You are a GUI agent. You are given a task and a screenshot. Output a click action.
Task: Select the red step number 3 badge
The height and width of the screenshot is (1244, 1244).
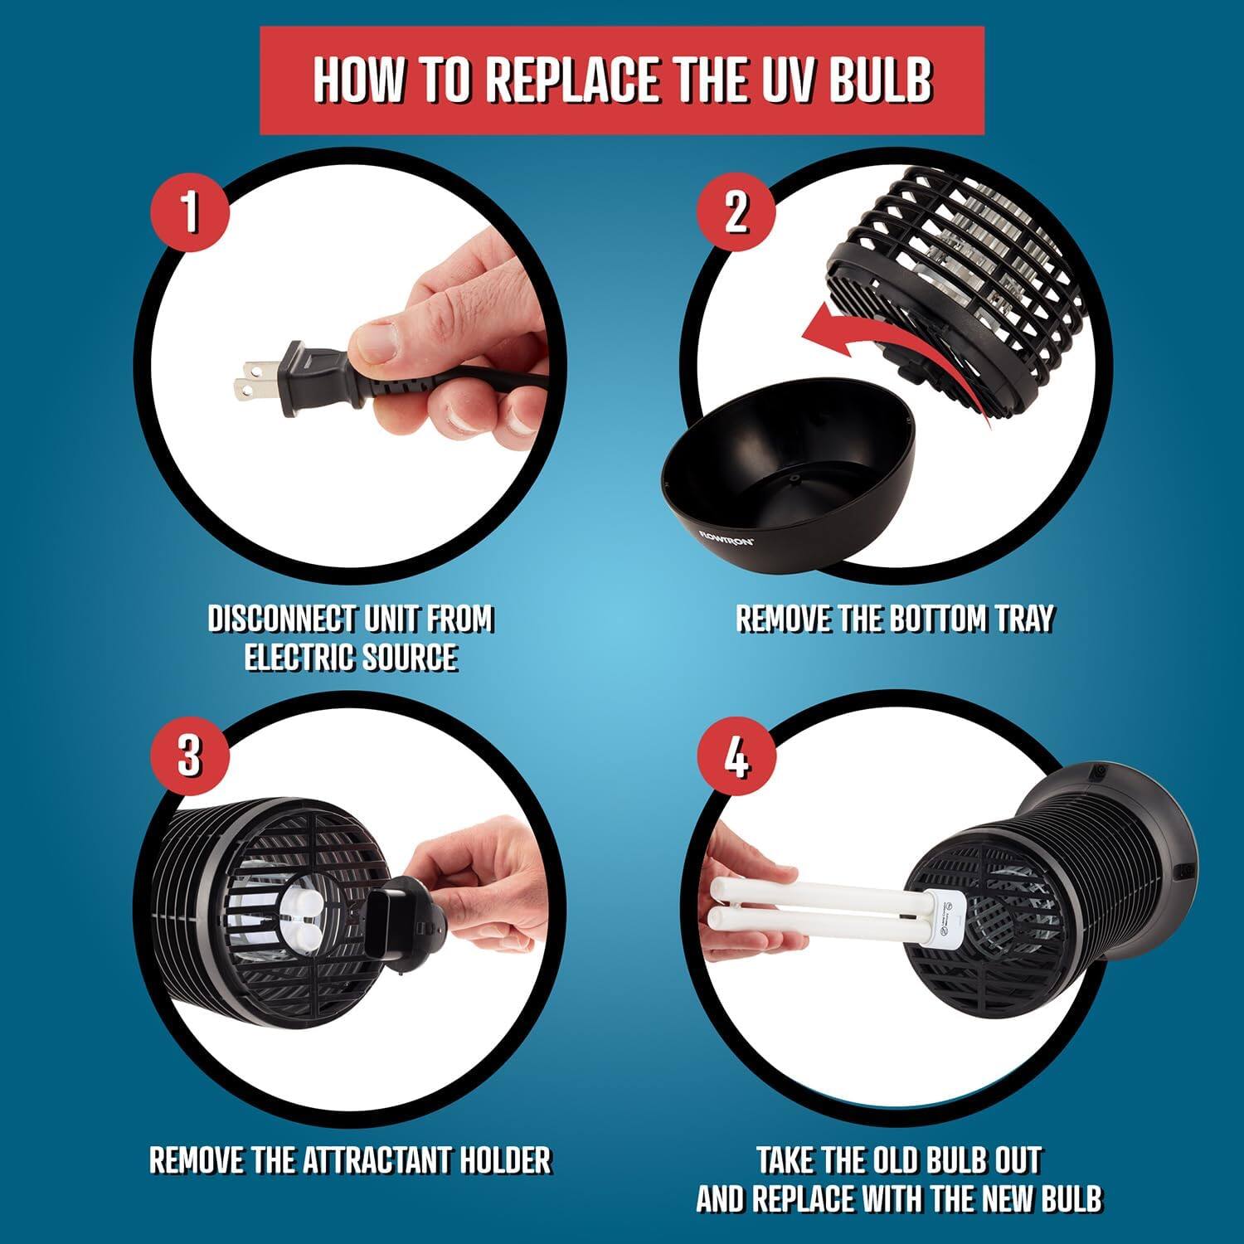click(x=188, y=755)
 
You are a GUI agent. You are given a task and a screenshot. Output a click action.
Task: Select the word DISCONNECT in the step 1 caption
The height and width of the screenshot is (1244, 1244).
click(x=278, y=620)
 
